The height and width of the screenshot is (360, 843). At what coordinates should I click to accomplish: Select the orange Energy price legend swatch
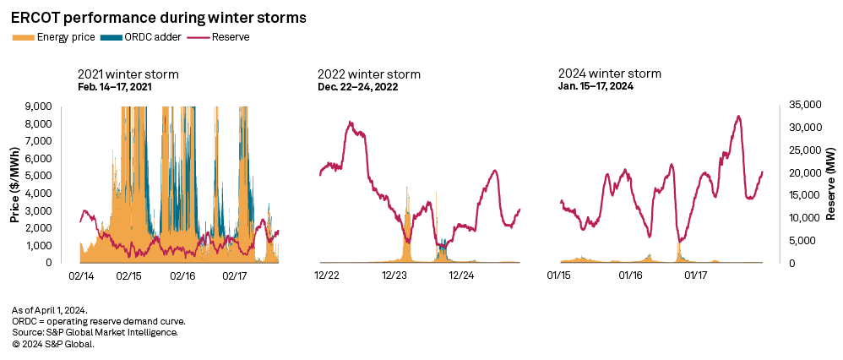click(x=23, y=37)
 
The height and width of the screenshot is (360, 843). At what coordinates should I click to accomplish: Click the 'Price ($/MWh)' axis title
click(x=15, y=184)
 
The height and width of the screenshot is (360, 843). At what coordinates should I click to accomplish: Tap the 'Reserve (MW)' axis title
click(x=832, y=184)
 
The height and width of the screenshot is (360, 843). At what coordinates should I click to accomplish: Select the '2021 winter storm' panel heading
click(x=128, y=74)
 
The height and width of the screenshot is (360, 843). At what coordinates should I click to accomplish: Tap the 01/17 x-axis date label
click(x=696, y=275)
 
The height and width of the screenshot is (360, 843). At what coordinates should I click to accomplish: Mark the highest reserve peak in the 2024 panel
click(x=739, y=117)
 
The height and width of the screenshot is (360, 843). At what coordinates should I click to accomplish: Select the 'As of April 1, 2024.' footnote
click(x=50, y=311)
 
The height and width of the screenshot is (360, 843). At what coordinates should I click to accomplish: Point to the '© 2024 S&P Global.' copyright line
click(x=53, y=344)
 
